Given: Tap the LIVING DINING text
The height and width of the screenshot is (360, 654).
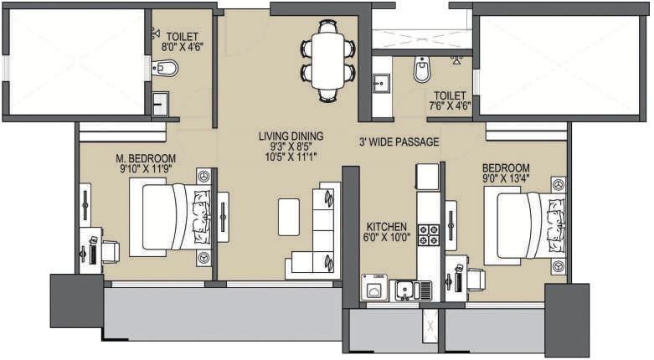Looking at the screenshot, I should click(291, 136).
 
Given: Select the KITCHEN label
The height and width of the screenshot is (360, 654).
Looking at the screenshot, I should click(386, 227).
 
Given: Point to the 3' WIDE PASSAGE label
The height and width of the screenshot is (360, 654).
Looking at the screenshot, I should click(399, 142).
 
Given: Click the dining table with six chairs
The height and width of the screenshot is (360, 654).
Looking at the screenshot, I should click(327, 59).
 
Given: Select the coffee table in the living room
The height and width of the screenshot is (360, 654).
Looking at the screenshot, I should click(289, 216).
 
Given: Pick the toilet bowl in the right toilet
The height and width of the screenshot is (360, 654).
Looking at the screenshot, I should click(421, 70).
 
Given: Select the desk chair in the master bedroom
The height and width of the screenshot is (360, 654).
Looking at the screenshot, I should click(109, 251).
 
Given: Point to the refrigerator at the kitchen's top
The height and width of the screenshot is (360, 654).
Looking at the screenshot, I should click(427, 177).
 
